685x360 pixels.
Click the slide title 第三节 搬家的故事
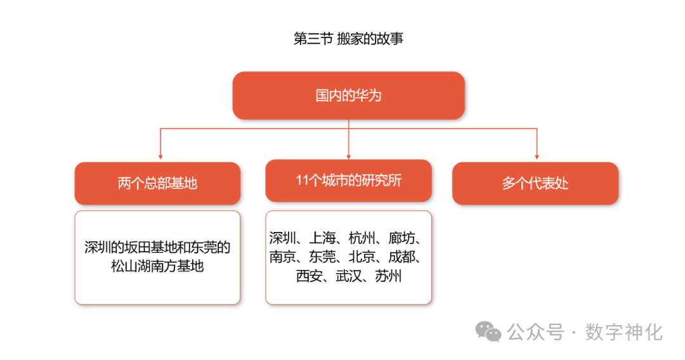(x=348, y=39)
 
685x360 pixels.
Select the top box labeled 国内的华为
(x=348, y=96)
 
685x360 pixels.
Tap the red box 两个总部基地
(x=157, y=183)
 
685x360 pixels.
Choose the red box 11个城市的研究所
(x=348, y=181)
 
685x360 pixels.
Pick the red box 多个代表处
(x=535, y=183)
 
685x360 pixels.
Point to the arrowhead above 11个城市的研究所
(x=349, y=155)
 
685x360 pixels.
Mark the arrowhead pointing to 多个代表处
(x=537, y=155)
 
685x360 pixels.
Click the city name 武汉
(x=348, y=276)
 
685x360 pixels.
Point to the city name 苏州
(x=388, y=276)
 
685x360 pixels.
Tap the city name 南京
(x=282, y=257)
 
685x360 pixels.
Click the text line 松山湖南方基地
(x=157, y=266)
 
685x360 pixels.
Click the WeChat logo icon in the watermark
(x=489, y=331)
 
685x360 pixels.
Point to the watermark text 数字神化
(x=625, y=331)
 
